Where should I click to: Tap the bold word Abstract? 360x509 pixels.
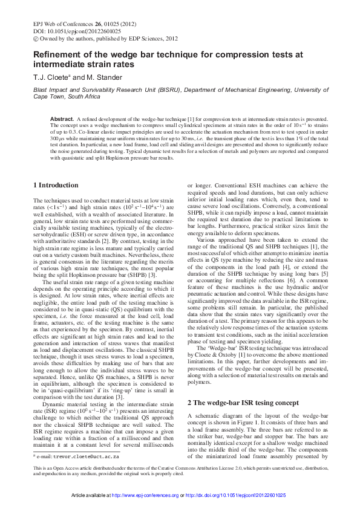pos(61,120)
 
